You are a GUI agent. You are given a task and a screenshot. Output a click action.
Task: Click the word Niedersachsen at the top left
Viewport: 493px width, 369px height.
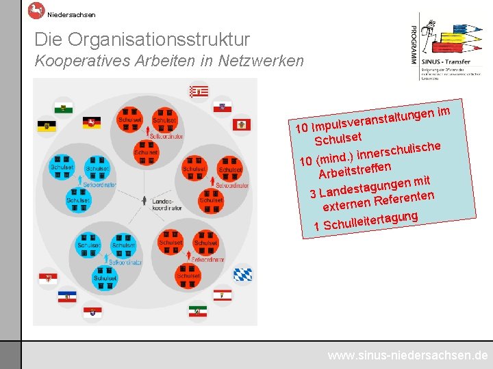click(71, 14)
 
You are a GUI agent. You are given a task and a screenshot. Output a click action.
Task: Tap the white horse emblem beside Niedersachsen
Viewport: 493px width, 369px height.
click(36, 10)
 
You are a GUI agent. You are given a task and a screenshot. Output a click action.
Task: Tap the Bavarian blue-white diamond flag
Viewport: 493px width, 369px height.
click(242, 274)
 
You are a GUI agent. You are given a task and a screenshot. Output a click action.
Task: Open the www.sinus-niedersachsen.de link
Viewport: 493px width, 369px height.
click(407, 355)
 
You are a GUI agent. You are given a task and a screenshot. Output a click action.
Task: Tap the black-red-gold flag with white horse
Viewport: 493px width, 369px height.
click(92, 122)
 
